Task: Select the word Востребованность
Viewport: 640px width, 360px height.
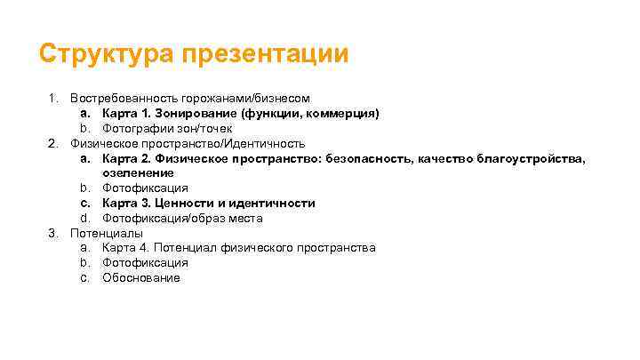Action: click(120, 98)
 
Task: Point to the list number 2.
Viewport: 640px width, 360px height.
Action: click(53, 143)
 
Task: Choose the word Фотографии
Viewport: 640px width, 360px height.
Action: click(136, 128)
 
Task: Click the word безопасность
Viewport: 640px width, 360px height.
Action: click(349, 158)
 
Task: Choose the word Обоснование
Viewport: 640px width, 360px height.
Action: click(140, 277)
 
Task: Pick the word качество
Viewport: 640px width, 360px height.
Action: click(432, 158)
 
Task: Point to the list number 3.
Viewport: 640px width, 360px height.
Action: click(53, 233)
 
